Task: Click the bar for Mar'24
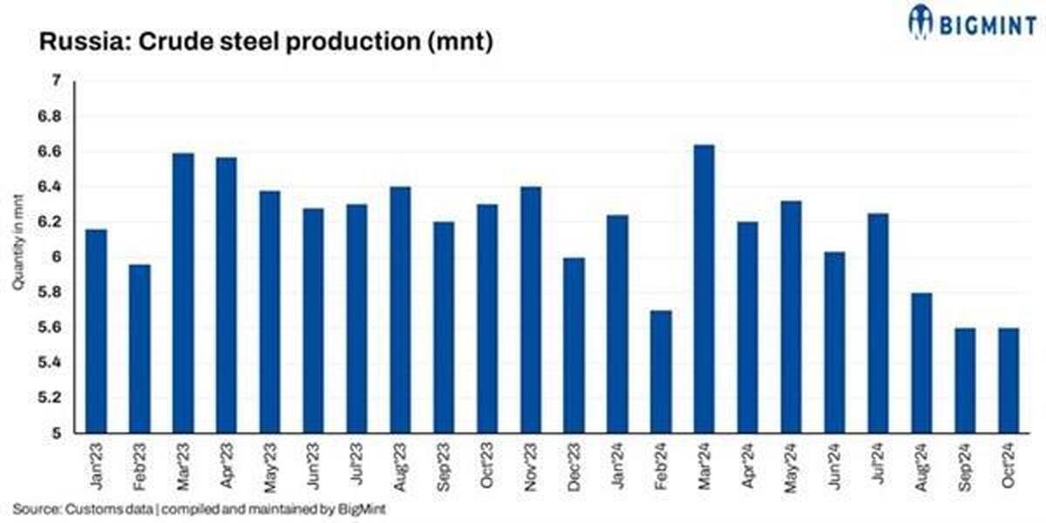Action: point(703,289)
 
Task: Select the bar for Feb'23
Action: point(139,349)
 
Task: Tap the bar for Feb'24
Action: point(661,371)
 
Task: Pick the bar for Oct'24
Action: point(1009,381)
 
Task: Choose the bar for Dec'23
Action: point(574,345)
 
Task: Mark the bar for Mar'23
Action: point(183,293)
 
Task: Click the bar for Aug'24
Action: point(921,363)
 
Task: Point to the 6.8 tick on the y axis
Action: point(50,116)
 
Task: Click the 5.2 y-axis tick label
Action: point(50,397)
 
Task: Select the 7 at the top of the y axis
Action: point(57,81)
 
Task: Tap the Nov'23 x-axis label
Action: point(531,467)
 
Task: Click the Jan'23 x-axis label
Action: point(97,466)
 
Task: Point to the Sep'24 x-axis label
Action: point(965,467)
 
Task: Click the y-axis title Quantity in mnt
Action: point(17,242)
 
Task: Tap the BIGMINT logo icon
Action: point(920,21)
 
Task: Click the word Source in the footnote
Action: point(37,509)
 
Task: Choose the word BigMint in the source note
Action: point(362,509)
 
